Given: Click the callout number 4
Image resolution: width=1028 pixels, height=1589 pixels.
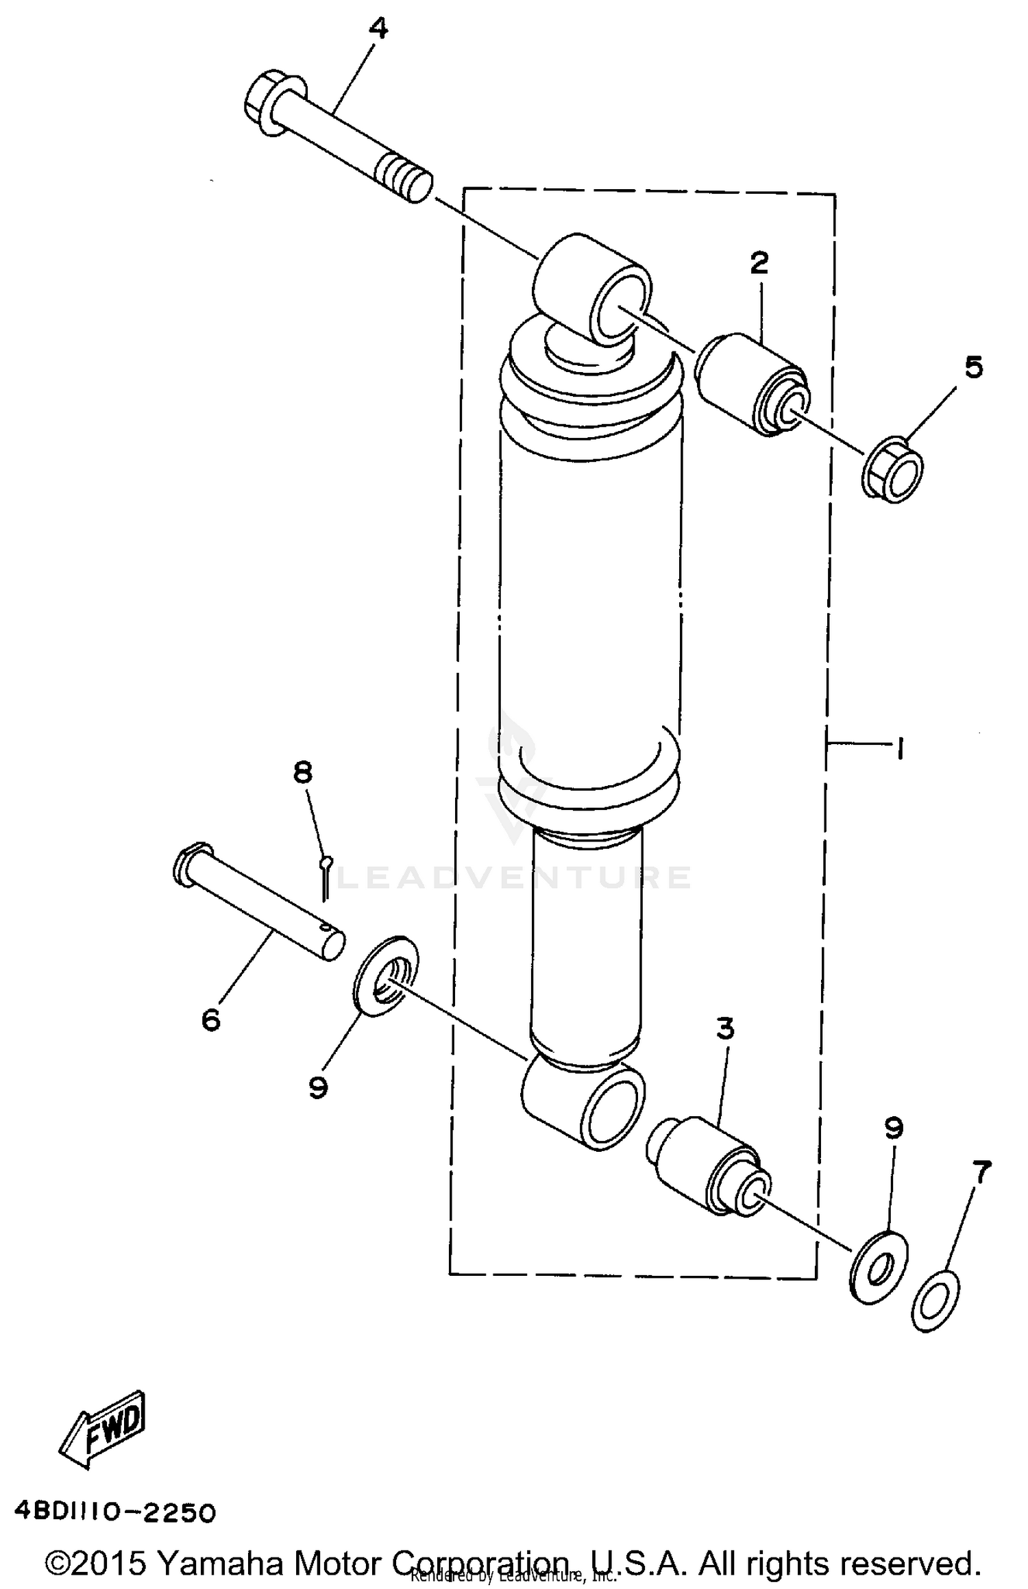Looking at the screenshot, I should [378, 30].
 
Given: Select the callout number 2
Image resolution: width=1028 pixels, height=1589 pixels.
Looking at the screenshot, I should [759, 262].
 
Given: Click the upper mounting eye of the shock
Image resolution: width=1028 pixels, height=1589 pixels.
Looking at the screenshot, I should [593, 287].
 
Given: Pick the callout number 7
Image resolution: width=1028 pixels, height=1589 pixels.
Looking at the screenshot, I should [981, 1172].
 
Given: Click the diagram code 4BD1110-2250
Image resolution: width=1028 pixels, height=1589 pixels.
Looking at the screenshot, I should [115, 1511].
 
